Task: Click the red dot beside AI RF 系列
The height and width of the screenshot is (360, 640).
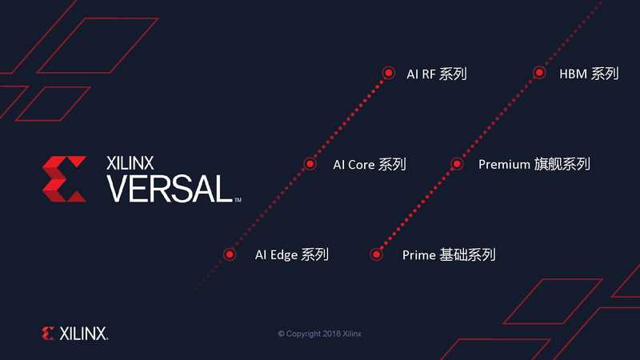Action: point(389,73)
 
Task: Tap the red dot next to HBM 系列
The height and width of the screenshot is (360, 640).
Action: point(539,73)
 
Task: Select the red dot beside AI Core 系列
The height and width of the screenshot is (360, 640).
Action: point(310,164)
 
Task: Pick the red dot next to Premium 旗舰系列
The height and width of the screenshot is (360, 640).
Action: point(457,164)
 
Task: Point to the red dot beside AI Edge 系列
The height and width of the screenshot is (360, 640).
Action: point(230,254)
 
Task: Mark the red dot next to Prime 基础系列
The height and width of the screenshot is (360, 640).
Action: point(376,254)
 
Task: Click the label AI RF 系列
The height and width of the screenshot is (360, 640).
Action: point(436,74)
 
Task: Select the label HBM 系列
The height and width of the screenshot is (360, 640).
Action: point(589,74)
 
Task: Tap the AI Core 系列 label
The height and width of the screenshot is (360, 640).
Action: point(370,165)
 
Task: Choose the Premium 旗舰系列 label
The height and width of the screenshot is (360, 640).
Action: point(534,164)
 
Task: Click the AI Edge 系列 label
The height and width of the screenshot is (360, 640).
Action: point(291,255)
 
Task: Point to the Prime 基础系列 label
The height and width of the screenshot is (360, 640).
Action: point(449,255)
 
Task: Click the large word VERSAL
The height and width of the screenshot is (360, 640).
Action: point(170,189)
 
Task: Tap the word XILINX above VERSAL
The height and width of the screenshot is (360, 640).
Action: point(130,163)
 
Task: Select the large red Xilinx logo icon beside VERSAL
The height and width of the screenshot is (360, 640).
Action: point(64,178)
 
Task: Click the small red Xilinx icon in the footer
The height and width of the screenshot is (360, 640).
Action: point(48,333)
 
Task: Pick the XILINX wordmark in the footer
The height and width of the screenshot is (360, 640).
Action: point(84,334)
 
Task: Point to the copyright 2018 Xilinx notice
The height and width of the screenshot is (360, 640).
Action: point(319,334)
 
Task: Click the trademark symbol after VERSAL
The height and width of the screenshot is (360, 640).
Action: point(238,199)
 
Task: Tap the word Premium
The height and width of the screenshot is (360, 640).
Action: point(504,164)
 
